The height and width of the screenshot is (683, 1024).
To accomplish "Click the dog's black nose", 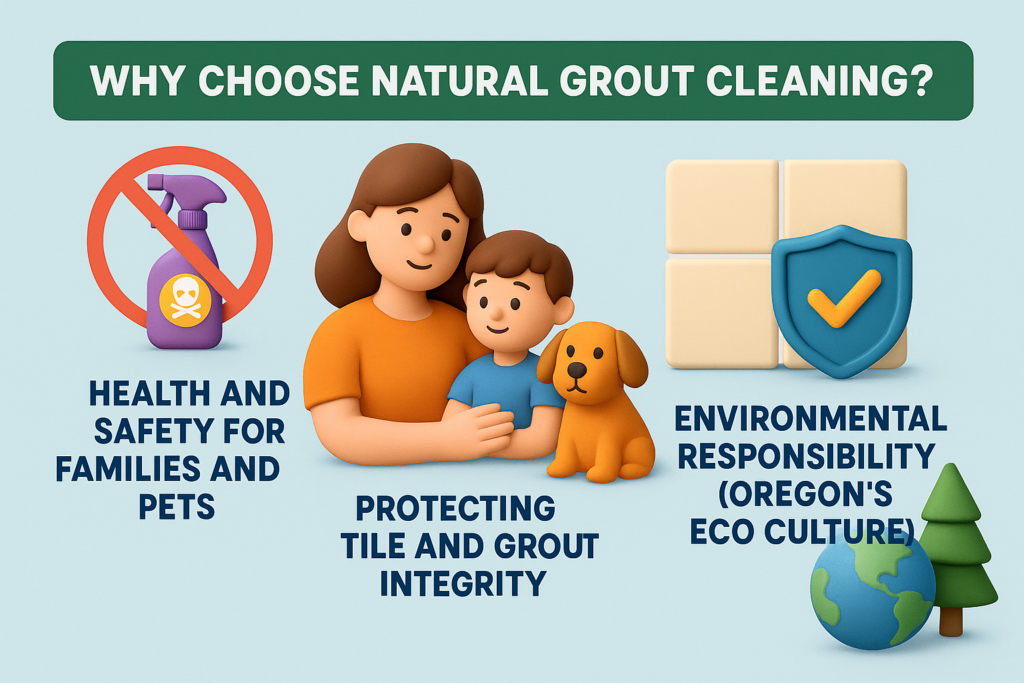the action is pos(577,369).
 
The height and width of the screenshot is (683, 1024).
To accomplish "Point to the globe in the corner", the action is pos(873,587).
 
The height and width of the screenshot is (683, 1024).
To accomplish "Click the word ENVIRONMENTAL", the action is pos(811,419).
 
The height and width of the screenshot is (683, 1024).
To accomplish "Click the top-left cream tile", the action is pos(722,206).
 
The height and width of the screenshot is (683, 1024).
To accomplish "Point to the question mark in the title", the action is pos(916,82).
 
